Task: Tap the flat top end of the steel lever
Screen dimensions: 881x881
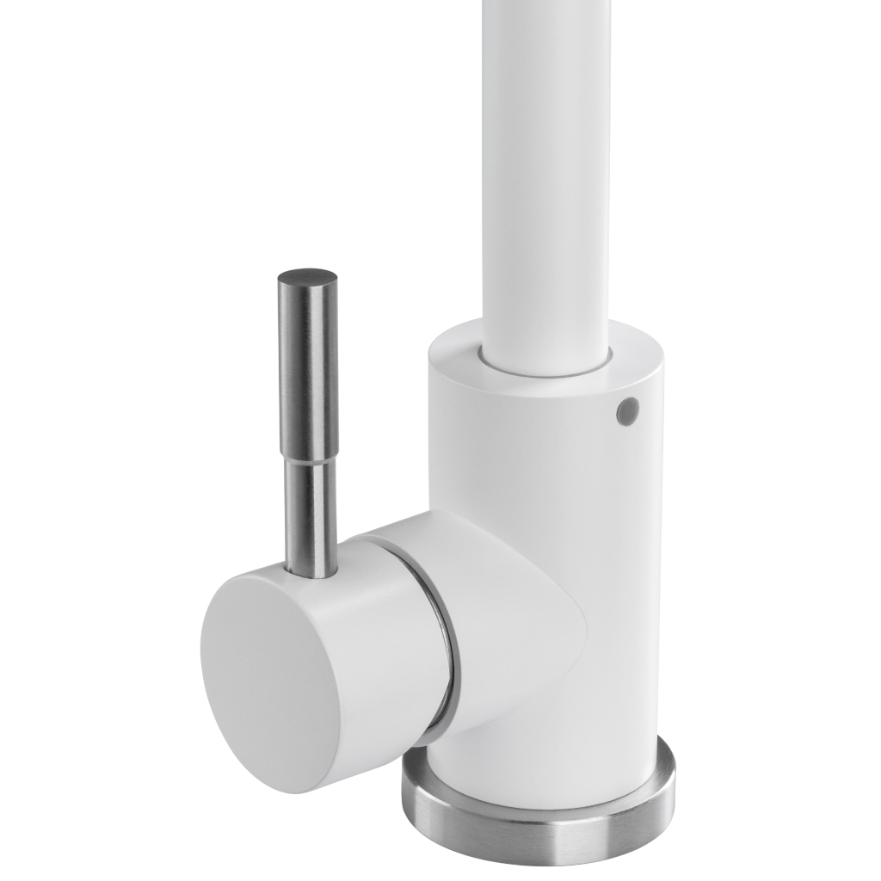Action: pyautogui.click(x=306, y=277)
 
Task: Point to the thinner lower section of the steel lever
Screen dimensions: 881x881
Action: pyautogui.click(x=310, y=516)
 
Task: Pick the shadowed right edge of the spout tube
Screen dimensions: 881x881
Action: pyautogui.click(x=604, y=172)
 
